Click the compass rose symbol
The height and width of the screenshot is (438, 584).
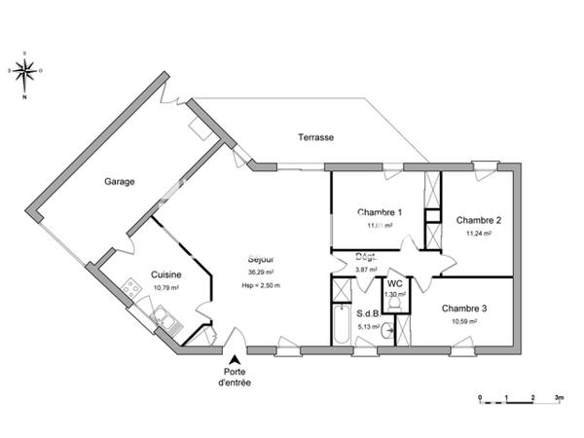tap(26, 70)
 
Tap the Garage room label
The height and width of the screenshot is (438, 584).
tap(120, 181)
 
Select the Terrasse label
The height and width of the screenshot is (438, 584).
tap(316, 137)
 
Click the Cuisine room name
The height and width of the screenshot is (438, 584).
tap(166, 274)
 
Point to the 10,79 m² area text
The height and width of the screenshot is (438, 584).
tap(166, 288)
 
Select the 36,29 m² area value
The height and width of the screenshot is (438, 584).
tap(260, 273)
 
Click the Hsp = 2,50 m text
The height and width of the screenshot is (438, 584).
tap(261, 285)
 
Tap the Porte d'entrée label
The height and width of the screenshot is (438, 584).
tap(236, 378)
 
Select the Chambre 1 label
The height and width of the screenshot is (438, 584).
tap(380, 211)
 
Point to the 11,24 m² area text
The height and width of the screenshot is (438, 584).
tap(478, 234)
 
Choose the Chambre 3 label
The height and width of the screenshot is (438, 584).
tap(464, 308)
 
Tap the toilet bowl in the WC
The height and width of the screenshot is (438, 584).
tap(394, 304)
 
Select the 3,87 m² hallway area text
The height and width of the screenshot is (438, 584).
tap(367, 270)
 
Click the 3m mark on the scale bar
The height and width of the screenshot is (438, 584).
tap(559, 399)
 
